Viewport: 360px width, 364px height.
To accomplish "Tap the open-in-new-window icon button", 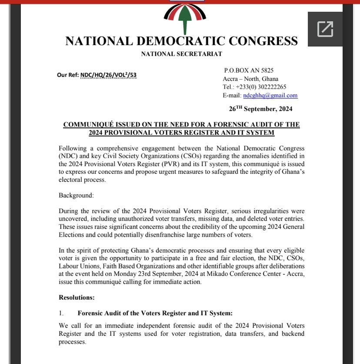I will (325, 29).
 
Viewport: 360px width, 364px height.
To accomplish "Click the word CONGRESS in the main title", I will (263, 41).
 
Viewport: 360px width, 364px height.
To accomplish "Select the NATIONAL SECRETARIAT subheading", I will (181, 54).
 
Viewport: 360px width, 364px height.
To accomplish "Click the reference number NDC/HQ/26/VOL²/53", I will (108, 75).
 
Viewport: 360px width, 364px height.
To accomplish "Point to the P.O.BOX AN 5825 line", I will (249, 70).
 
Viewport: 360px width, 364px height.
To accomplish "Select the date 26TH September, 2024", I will (260, 109).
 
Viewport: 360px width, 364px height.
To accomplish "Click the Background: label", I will (76, 195).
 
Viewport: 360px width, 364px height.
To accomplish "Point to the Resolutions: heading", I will (77, 298).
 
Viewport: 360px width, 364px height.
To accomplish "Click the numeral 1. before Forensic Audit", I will (61, 313).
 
